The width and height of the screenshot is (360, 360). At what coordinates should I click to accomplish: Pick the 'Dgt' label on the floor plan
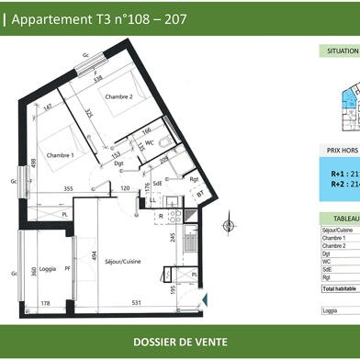(107, 163)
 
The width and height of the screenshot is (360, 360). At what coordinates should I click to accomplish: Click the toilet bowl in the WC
(163, 142)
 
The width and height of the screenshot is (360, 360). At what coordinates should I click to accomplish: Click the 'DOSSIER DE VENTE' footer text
(179, 343)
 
